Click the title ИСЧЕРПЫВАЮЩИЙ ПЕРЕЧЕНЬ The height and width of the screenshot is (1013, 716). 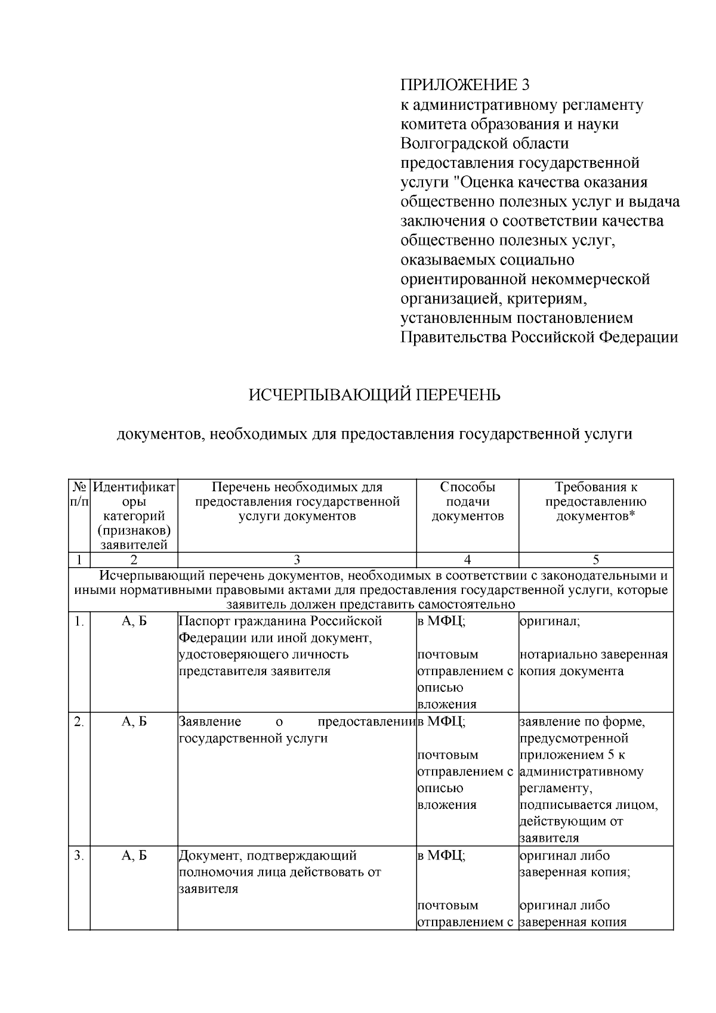(x=374, y=395)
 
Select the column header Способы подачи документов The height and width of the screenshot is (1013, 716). (x=467, y=501)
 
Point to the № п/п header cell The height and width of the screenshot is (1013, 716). (x=79, y=495)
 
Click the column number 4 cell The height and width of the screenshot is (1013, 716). (x=467, y=559)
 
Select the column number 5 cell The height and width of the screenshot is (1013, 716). (x=595, y=559)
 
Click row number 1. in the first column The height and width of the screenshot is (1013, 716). (x=79, y=621)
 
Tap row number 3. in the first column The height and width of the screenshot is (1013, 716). (x=79, y=855)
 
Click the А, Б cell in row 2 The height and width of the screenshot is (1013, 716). (x=134, y=722)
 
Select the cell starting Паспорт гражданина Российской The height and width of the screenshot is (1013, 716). (x=280, y=646)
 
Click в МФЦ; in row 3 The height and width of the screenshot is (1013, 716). (x=441, y=855)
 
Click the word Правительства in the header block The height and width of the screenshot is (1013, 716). (x=453, y=337)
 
